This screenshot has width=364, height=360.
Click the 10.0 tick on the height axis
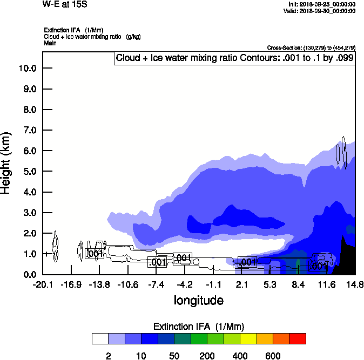click(27, 68)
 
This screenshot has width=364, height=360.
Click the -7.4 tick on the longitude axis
click(156, 284)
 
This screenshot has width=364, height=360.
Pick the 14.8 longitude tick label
click(354, 284)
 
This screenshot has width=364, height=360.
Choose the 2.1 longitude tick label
click(241, 284)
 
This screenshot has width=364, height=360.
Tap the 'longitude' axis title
click(198, 300)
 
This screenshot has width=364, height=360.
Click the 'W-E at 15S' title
click(64, 4)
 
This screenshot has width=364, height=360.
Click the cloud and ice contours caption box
click(234, 58)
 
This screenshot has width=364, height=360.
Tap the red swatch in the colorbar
click(298, 338)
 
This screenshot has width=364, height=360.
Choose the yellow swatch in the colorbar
click(248, 338)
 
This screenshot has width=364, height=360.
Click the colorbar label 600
click(273, 356)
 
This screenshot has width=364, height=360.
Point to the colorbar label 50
click(174, 356)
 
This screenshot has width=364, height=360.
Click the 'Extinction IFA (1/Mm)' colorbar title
click(198, 326)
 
